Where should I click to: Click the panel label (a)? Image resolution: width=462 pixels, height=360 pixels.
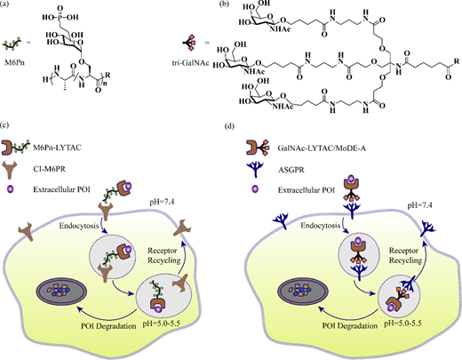[x=4, y=5]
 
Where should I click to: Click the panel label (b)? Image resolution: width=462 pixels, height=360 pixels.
[x=223, y=5]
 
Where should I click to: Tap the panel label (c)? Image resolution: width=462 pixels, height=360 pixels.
[x=4, y=125]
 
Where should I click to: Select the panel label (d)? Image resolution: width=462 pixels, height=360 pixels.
[x=229, y=126]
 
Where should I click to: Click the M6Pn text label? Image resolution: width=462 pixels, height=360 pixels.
[x=14, y=62]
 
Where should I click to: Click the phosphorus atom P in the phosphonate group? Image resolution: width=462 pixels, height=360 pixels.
[x=60, y=18]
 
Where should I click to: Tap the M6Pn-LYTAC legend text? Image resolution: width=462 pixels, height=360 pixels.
[x=57, y=148]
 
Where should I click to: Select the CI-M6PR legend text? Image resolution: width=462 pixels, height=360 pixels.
[x=49, y=169]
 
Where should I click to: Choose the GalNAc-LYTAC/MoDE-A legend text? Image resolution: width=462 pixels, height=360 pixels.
[x=322, y=148]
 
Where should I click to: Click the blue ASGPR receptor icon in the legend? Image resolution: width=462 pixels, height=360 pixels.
[x=256, y=170]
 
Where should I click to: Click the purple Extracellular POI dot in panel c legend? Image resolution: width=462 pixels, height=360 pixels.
[x=11, y=188]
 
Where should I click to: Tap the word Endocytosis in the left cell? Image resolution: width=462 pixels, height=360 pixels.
[x=79, y=226]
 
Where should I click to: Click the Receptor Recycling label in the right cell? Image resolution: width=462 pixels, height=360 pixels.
[x=405, y=255]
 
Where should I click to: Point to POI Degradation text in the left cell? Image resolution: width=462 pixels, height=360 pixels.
[x=108, y=326]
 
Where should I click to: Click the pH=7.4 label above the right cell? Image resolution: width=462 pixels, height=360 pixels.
[x=419, y=205]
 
